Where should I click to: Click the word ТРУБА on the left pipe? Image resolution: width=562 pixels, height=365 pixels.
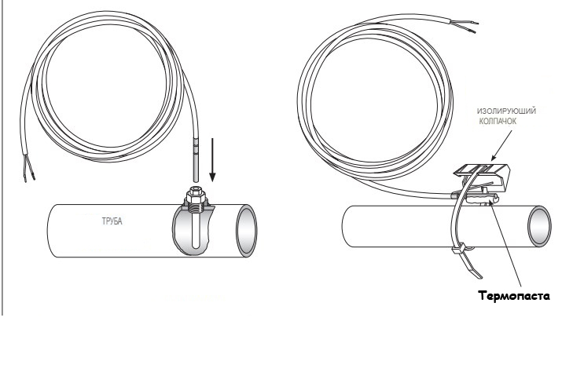[x=112, y=221]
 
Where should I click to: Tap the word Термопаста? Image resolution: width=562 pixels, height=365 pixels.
[x=513, y=296]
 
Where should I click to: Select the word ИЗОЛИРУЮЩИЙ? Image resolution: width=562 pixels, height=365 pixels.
[x=506, y=111]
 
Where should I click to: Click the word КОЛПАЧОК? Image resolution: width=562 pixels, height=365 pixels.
[x=498, y=122]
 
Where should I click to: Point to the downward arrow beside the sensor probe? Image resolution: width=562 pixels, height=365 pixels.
[x=212, y=160]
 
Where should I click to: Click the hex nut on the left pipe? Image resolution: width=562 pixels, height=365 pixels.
[x=196, y=195]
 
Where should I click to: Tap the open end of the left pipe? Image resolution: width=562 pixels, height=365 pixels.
[x=247, y=231]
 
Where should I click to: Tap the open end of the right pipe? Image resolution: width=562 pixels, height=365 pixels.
[x=539, y=226]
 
